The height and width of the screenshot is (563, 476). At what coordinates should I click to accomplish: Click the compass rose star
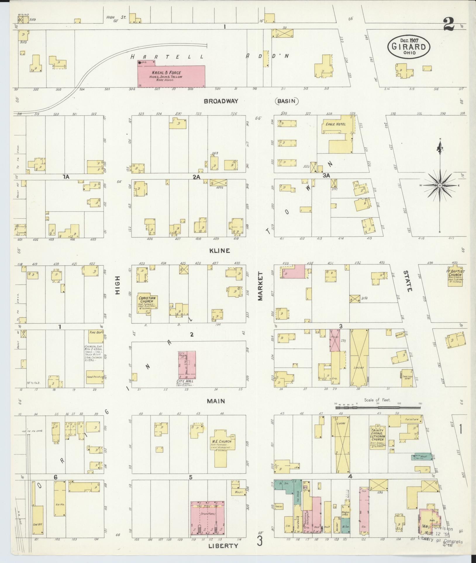(440, 186)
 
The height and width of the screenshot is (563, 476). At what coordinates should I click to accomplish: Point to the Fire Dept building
(94, 336)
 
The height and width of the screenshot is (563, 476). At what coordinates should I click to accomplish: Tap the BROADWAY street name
(221, 101)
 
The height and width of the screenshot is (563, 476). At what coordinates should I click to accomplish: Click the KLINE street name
(220, 251)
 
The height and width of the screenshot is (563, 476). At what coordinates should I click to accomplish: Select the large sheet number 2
(449, 24)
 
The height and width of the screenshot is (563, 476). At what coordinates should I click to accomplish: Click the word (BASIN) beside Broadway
(287, 101)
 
